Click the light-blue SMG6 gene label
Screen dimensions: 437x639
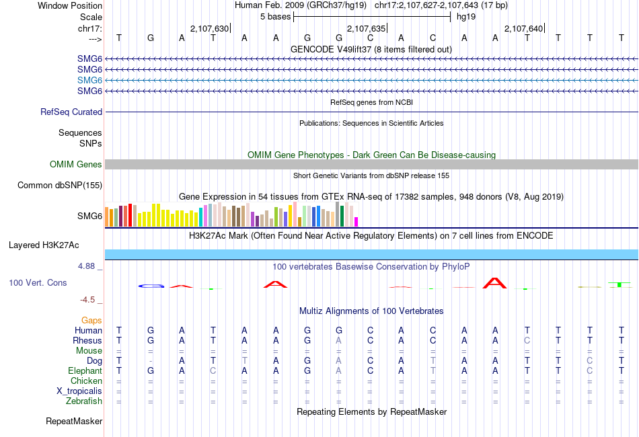(x=89, y=80)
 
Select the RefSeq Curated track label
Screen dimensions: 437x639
(x=71, y=112)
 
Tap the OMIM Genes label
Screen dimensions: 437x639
(x=76, y=165)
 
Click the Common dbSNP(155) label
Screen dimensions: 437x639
(x=60, y=186)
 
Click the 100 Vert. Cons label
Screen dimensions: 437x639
(x=38, y=283)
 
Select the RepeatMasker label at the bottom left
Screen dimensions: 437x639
(x=74, y=422)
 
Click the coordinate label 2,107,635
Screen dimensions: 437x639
(x=366, y=28)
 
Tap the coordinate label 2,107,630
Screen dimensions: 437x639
(x=210, y=28)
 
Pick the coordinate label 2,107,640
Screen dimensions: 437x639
(x=523, y=28)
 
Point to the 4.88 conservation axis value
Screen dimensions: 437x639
(x=88, y=266)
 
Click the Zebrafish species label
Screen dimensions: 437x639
(x=84, y=401)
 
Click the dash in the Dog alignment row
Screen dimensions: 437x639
(x=151, y=361)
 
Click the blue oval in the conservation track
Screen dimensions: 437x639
(x=151, y=286)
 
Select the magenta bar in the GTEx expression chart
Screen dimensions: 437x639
(x=356, y=222)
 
